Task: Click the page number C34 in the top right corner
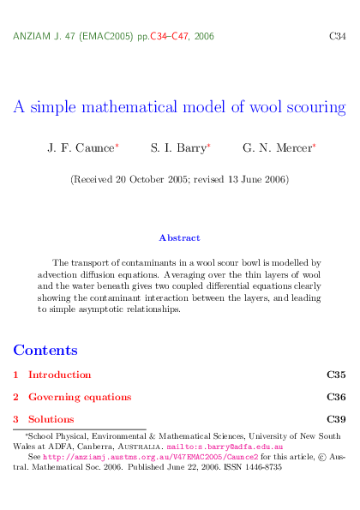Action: [x=338, y=37]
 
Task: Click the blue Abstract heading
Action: [x=179, y=237]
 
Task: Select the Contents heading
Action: [x=45, y=350]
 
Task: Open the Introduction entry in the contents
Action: [x=59, y=375]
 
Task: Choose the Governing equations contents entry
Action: [x=80, y=397]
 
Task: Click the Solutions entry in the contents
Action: [x=51, y=419]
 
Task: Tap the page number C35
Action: [x=336, y=375]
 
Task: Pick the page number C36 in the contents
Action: [x=336, y=397]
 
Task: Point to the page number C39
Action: [x=336, y=419]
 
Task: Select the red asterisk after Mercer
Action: [x=314, y=147]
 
